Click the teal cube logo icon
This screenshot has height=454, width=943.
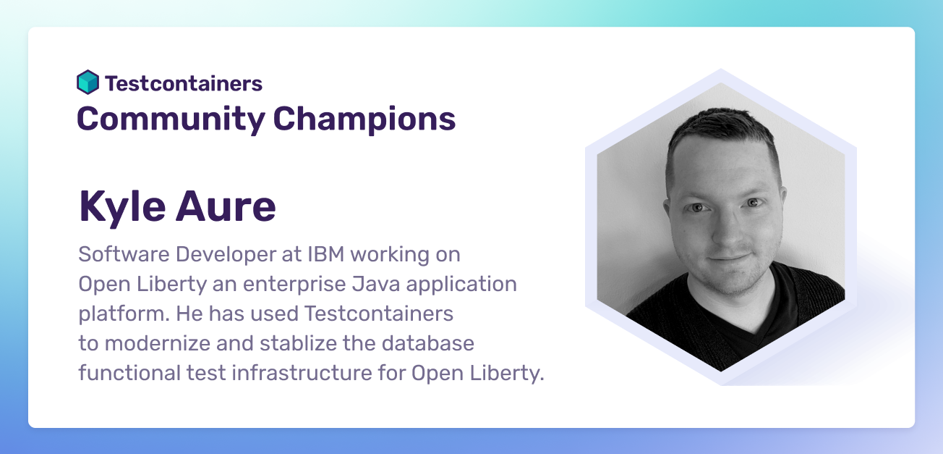click(88, 83)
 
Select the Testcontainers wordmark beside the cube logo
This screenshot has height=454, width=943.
click(184, 83)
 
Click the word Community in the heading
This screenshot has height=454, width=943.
click(171, 119)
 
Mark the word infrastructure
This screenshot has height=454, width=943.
click(281, 373)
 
